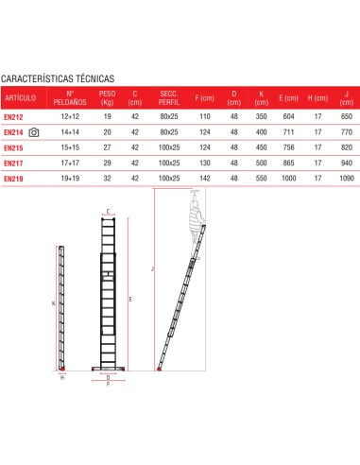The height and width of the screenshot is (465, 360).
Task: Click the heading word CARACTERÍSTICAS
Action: point(37,79)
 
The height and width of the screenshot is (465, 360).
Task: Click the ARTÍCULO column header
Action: point(20,97)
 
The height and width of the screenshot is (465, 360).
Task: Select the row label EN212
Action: point(14,115)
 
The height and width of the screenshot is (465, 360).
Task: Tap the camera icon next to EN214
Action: point(35,132)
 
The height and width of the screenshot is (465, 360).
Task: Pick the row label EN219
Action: point(14,177)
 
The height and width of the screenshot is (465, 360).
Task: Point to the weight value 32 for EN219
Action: point(108,177)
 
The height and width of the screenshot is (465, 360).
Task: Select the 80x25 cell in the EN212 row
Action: point(169,115)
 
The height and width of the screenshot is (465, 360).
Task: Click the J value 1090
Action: point(346,177)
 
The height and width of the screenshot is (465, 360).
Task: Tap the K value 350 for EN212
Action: point(259,115)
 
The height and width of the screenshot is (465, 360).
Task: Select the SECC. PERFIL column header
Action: point(169,97)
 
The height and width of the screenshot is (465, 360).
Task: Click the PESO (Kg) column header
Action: point(108,97)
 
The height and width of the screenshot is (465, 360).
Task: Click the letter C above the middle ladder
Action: point(109,212)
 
